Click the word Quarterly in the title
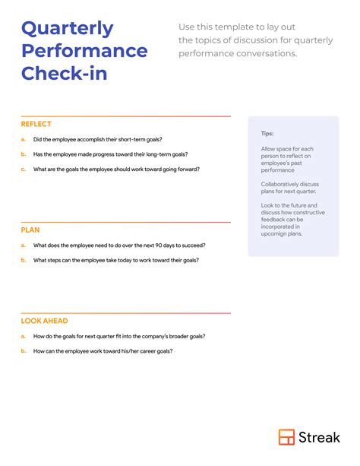(67, 30)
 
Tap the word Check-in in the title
(64, 74)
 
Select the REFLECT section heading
(36, 124)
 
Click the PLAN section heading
(30, 230)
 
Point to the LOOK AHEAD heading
(43, 321)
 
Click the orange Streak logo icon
(286, 437)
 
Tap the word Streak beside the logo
(320, 437)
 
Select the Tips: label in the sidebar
(267, 133)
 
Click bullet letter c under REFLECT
(24, 170)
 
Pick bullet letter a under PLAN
(24, 246)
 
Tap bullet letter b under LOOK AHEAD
(24, 351)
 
